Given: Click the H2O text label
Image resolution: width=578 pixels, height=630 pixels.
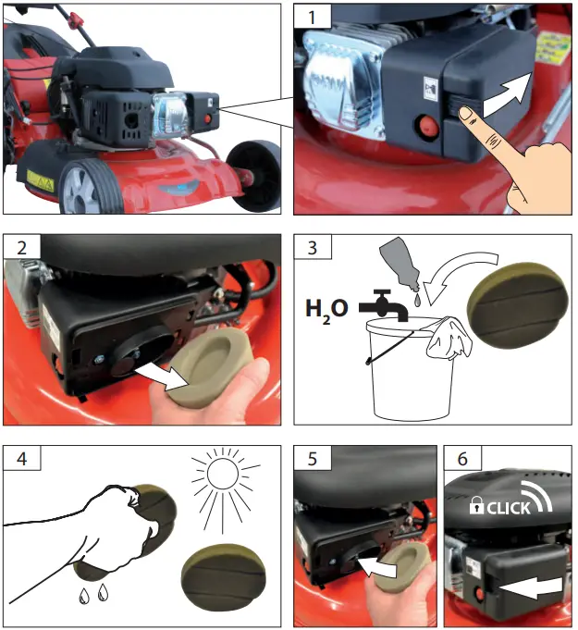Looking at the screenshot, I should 326,308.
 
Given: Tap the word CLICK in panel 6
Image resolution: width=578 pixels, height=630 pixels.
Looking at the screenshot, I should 508,508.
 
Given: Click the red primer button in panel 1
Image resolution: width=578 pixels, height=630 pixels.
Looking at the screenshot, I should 427,127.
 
